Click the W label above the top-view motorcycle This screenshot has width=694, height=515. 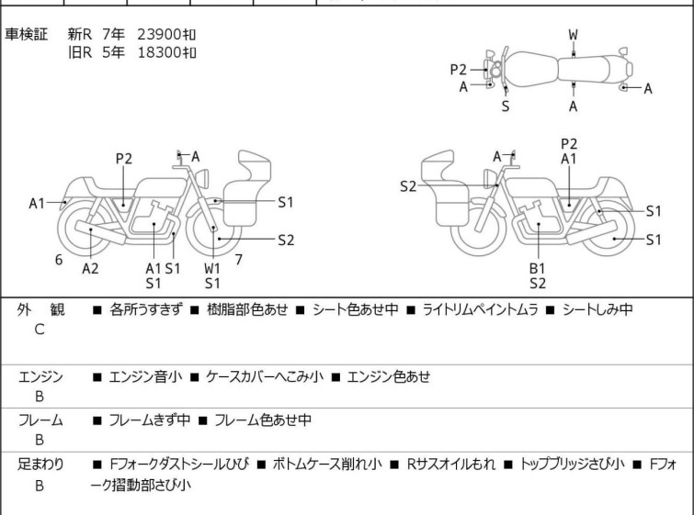[573, 35]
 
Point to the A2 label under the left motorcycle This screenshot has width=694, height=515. [90, 268]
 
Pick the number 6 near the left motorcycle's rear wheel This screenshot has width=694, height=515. [59, 260]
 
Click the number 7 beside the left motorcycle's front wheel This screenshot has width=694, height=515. [238, 260]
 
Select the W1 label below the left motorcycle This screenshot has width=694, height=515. [212, 268]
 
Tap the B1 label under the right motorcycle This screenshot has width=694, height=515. [538, 268]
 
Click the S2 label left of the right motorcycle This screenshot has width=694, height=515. [408, 186]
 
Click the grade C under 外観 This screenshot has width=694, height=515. [40, 330]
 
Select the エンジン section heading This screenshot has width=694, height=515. [41, 376]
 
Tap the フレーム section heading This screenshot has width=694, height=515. [41, 420]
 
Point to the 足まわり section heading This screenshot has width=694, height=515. [41, 465]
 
